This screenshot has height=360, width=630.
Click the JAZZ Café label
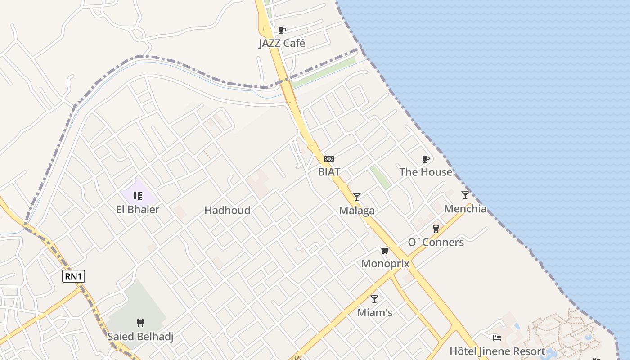point(282,43)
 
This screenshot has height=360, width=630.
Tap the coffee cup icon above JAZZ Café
point(282,30)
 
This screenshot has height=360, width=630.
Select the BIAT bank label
point(329,171)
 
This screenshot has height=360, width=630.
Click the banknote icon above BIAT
point(329,159)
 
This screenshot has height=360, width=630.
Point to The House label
point(426,172)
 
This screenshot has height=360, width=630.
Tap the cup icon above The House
point(426,159)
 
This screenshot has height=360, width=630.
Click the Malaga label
point(357,210)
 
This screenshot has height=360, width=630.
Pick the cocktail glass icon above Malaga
point(357,197)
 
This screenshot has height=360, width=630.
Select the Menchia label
point(465,208)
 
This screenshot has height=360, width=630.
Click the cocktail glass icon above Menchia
point(465,195)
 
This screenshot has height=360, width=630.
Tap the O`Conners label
point(436,242)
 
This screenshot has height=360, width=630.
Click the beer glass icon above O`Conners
point(436,229)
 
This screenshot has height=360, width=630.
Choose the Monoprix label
point(385,263)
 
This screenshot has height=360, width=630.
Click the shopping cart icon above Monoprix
point(385,250)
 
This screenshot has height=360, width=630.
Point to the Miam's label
point(374,312)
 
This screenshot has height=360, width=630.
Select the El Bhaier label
point(138,209)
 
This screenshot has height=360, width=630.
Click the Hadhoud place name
point(227,210)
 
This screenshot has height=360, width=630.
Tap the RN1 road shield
point(73,276)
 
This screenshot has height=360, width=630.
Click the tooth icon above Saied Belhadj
point(140,323)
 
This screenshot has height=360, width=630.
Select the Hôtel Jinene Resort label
point(497,351)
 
